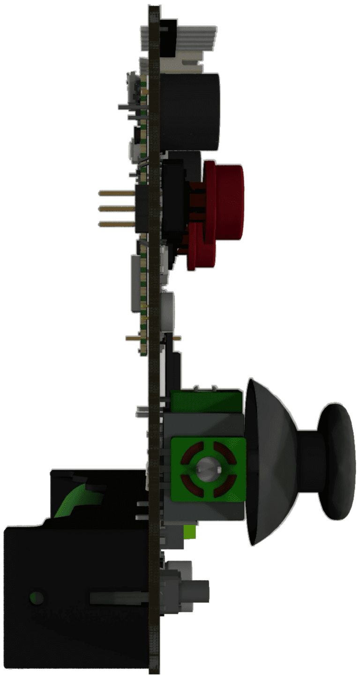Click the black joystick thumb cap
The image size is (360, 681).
[335, 462]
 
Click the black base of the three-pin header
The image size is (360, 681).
[142, 209]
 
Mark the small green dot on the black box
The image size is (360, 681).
[37, 598]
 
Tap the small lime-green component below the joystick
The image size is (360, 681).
[189, 531]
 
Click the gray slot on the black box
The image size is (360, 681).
[117, 598]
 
